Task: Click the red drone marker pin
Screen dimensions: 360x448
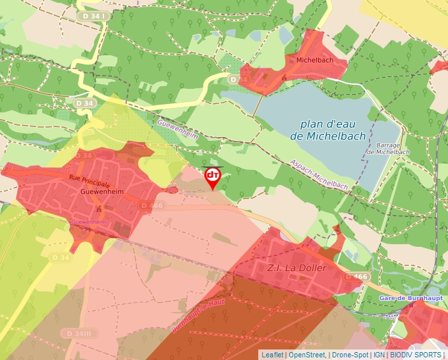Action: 213,176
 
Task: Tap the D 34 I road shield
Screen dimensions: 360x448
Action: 92,14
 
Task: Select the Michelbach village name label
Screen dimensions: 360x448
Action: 314,60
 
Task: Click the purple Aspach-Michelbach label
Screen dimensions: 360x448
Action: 319,175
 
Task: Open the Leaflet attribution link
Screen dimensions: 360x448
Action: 272,355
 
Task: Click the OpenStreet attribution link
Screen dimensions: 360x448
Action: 307,355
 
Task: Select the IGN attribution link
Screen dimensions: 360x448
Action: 379,355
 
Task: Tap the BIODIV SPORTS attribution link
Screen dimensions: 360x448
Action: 415,355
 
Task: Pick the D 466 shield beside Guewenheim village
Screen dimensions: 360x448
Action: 152,206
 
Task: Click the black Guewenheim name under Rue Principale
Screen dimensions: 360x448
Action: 101,192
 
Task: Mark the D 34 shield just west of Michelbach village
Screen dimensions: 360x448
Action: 240,80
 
